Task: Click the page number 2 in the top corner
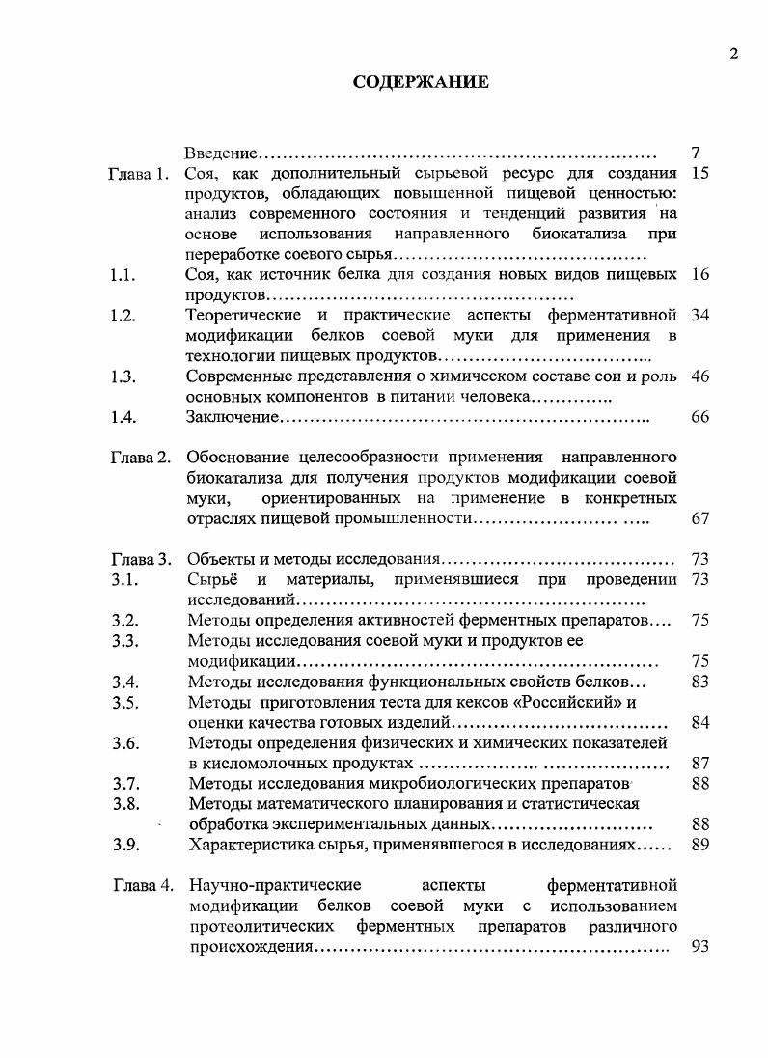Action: click(734, 54)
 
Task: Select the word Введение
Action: click(221, 153)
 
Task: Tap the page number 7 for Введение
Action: click(697, 153)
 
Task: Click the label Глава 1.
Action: click(139, 175)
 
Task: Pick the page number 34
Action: click(700, 317)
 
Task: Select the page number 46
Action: click(700, 376)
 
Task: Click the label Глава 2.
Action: click(140, 458)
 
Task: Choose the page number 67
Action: click(700, 519)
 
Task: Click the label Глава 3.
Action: click(140, 559)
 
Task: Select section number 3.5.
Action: click(124, 703)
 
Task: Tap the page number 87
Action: click(700, 764)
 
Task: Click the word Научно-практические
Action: click(276, 885)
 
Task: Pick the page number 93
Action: click(700, 947)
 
